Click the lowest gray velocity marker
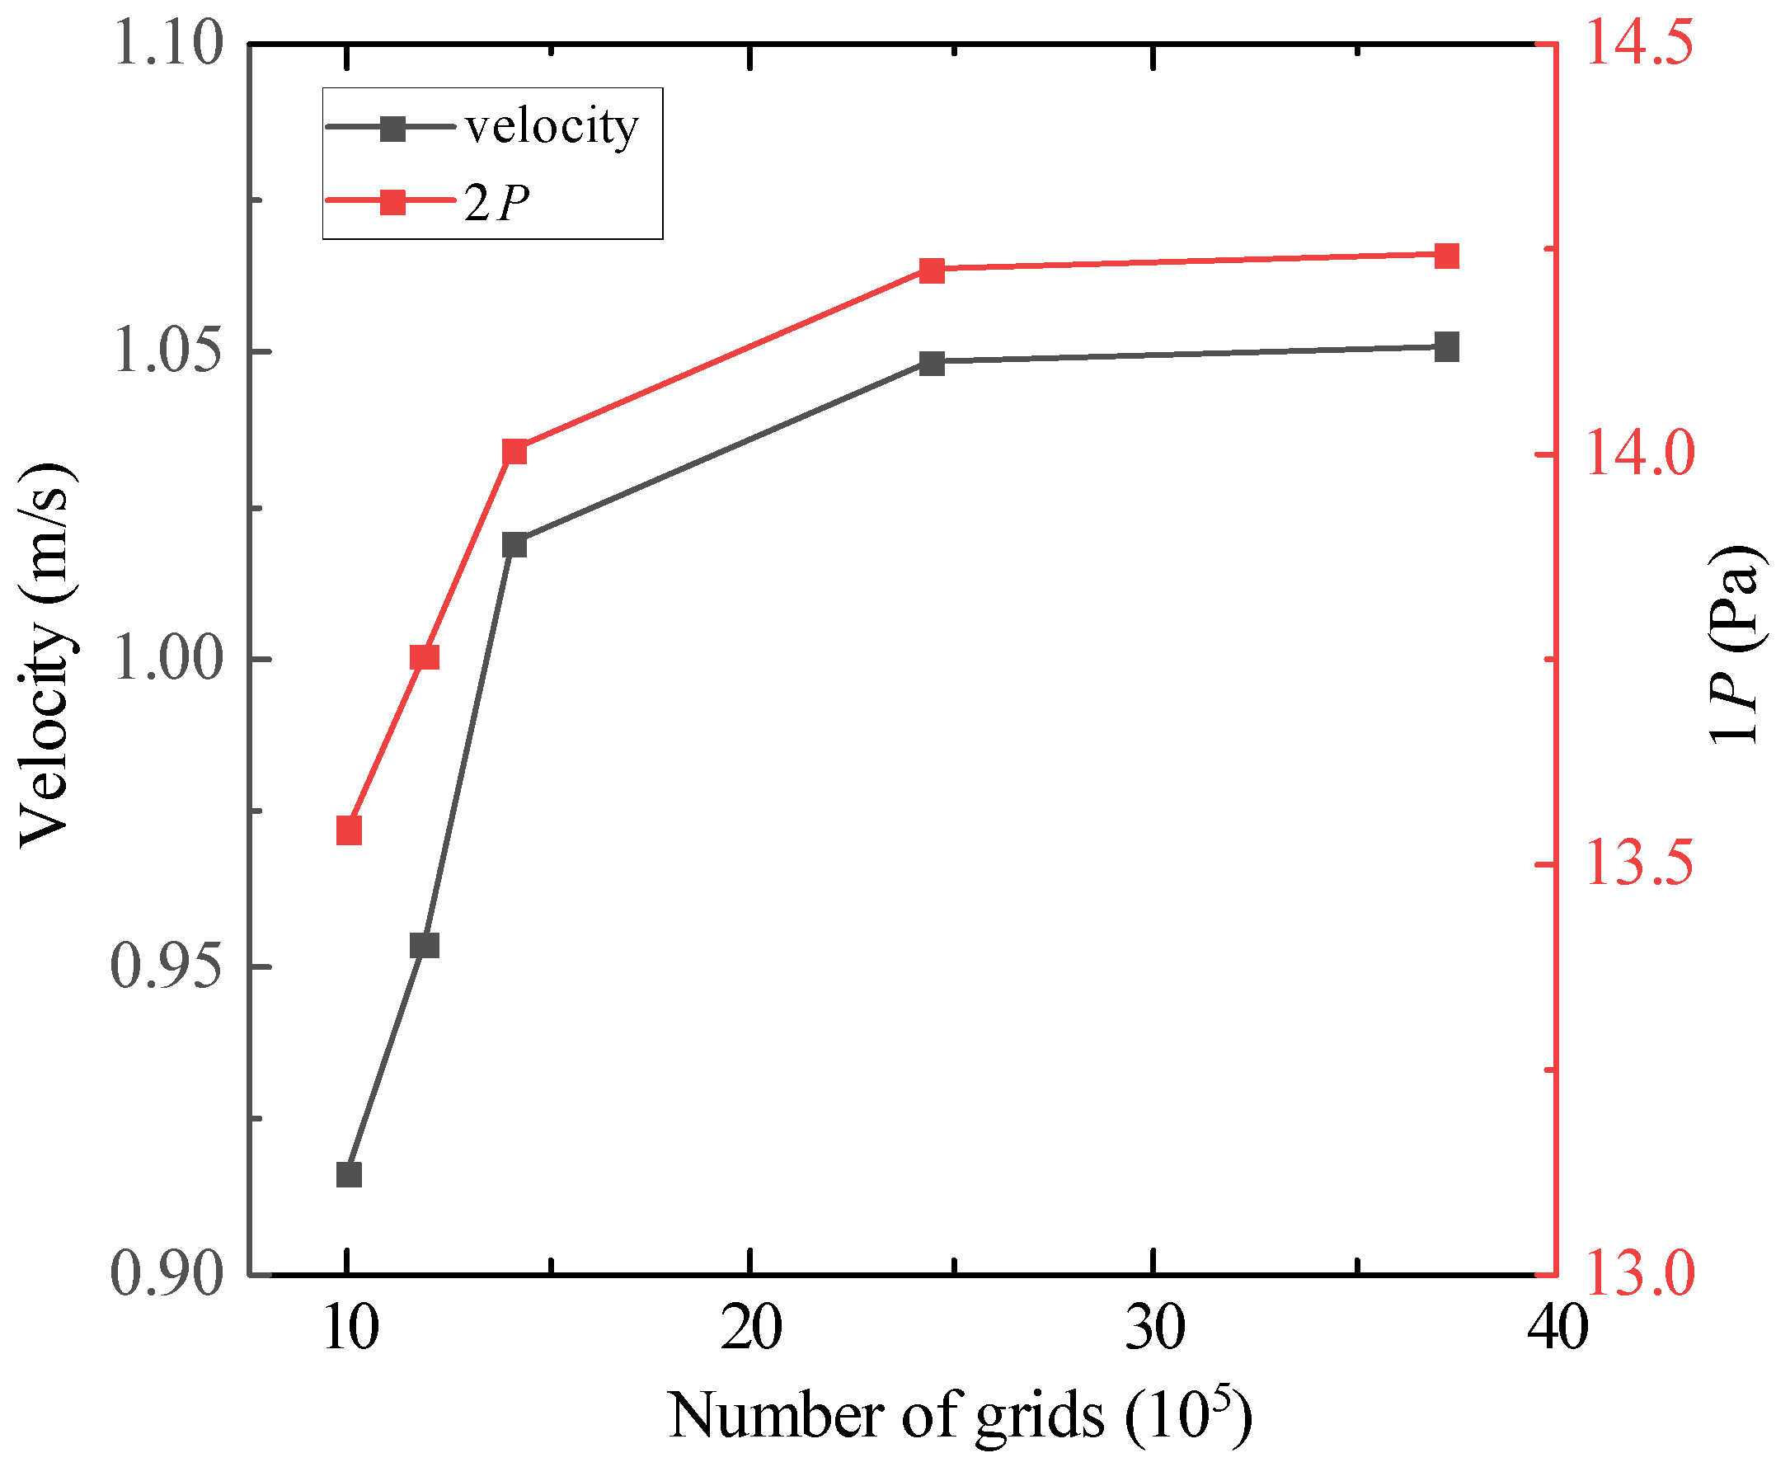(349, 1174)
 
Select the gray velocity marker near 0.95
(425, 945)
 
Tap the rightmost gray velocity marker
(1447, 346)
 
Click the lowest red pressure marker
(349, 830)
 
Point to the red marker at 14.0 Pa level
(514, 452)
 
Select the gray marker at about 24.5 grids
(932, 364)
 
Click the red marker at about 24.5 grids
(932, 270)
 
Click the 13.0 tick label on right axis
(1640, 1274)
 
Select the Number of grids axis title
(960, 1415)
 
